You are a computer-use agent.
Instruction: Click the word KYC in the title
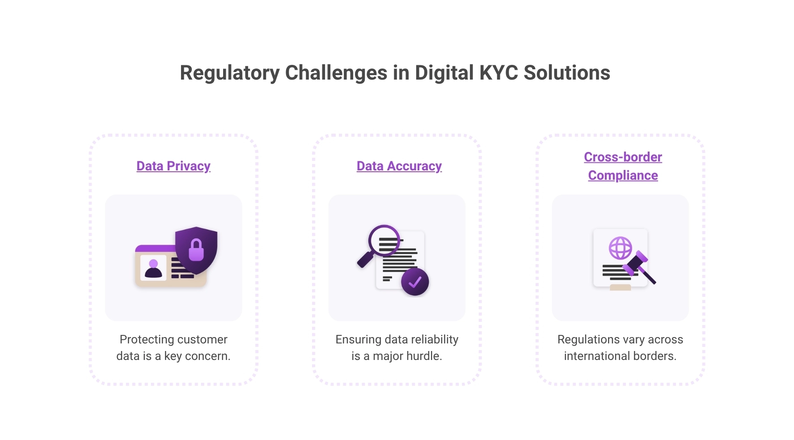pyautogui.click(x=498, y=73)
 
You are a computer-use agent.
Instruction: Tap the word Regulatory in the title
pyautogui.click(x=229, y=73)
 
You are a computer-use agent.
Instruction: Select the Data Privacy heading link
pyautogui.click(x=173, y=166)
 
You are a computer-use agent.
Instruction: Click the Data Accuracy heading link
pyautogui.click(x=399, y=166)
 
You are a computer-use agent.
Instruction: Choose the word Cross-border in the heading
pyautogui.click(x=623, y=157)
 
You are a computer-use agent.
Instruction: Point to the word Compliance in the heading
pyautogui.click(x=623, y=175)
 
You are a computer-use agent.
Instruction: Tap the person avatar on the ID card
pyautogui.click(x=153, y=268)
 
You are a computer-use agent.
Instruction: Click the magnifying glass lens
pyautogui.click(x=384, y=240)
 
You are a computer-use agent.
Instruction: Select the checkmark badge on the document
pyautogui.click(x=415, y=282)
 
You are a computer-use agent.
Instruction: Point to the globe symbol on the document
pyautogui.click(x=621, y=248)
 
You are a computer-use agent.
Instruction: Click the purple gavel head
pyautogui.click(x=635, y=264)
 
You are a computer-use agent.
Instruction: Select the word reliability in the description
pyautogui.click(x=435, y=339)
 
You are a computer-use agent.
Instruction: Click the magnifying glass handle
pyautogui.click(x=365, y=260)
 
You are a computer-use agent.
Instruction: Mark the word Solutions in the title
pyautogui.click(x=567, y=73)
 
